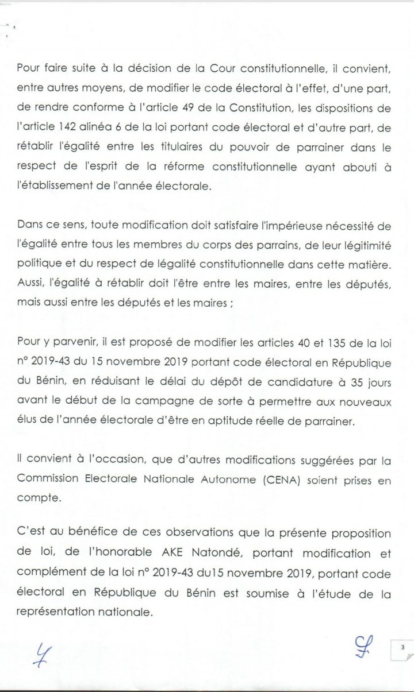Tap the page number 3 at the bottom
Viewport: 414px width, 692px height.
(x=403, y=647)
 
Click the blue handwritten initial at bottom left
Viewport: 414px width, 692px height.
(x=41, y=654)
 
